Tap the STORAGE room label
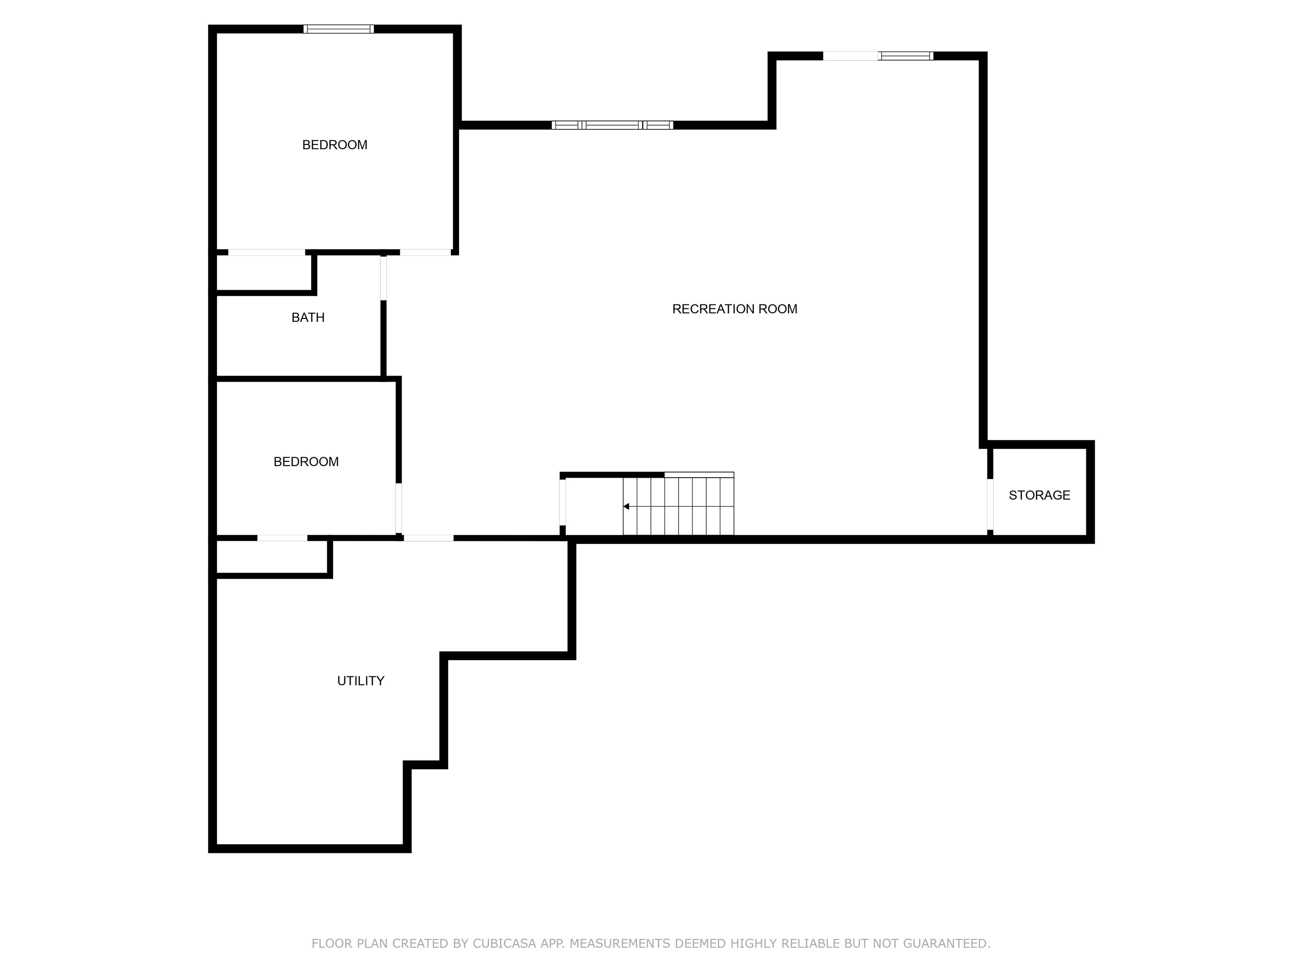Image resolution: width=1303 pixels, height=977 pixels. click(x=1039, y=495)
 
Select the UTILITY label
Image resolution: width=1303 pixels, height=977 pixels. click(x=361, y=681)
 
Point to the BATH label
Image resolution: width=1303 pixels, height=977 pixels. click(x=308, y=318)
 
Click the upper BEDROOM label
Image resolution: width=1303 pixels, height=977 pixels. click(x=335, y=145)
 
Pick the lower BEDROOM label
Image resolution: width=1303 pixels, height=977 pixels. click(x=306, y=462)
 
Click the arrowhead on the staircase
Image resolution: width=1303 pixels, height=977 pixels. click(x=626, y=506)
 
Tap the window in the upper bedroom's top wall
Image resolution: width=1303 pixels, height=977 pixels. click(x=339, y=29)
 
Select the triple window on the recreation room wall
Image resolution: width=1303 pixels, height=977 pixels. click(x=612, y=125)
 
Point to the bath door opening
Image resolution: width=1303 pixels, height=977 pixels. click(x=383, y=278)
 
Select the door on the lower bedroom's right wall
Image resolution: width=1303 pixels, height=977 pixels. click(x=399, y=508)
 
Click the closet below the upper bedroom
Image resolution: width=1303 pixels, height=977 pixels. click(x=263, y=273)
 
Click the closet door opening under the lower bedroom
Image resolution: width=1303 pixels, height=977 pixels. click(x=282, y=538)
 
